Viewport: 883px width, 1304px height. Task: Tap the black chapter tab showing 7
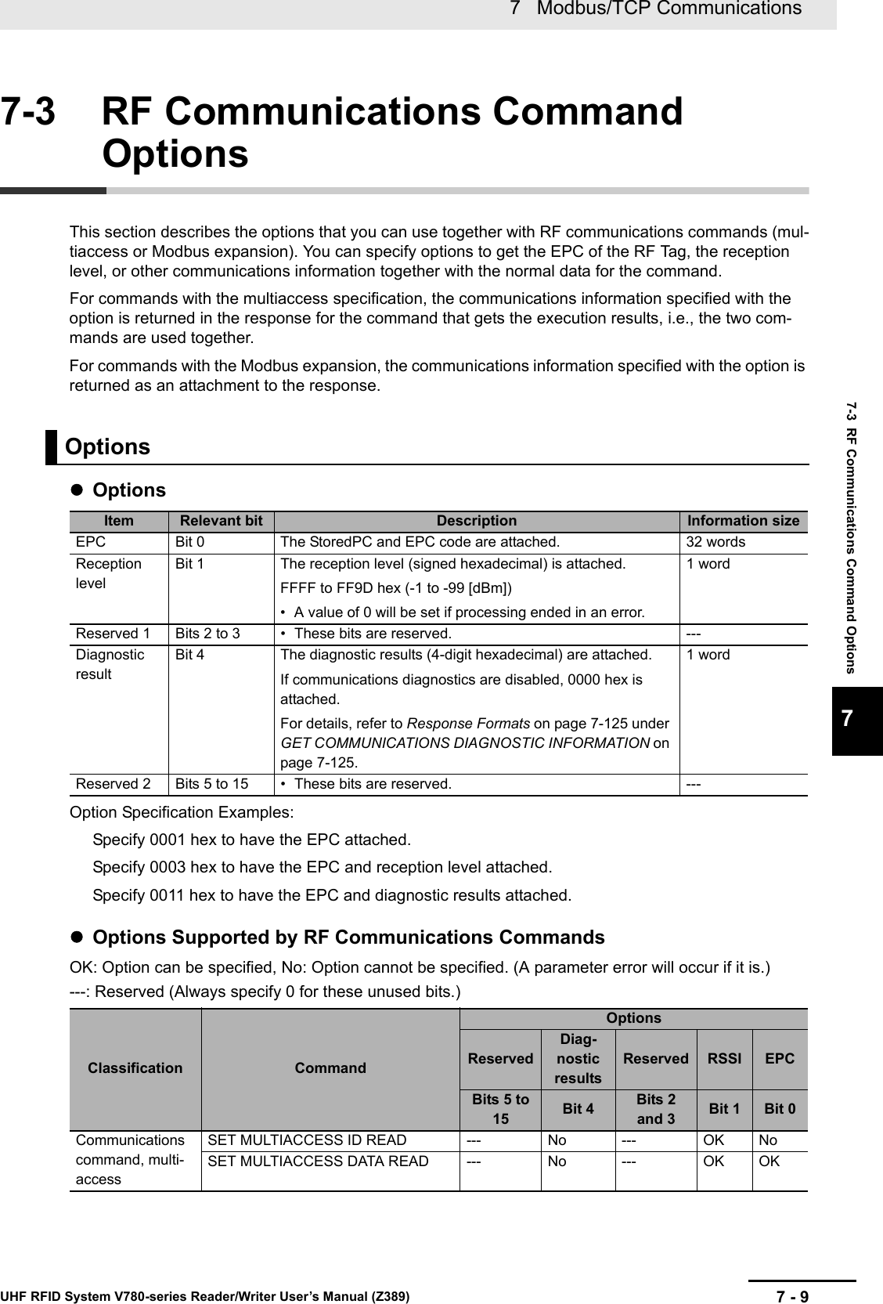(x=857, y=720)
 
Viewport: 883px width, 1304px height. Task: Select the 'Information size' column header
(x=743, y=521)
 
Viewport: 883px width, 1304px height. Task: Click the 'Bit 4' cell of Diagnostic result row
(x=189, y=655)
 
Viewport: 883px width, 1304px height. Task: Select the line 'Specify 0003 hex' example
(x=322, y=867)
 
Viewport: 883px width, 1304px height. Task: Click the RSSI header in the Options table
(x=723, y=1058)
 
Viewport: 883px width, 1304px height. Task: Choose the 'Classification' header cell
(x=135, y=1067)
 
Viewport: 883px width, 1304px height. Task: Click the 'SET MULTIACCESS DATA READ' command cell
(x=318, y=1161)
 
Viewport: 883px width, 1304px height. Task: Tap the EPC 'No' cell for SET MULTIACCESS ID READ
(x=768, y=1140)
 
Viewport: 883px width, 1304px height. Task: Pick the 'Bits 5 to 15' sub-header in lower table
(x=500, y=1108)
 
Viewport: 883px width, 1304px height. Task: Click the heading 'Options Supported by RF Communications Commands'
(x=348, y=937)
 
